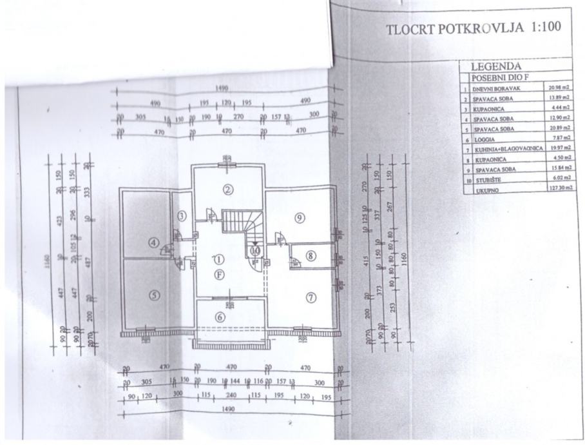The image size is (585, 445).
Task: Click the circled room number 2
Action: (x=227, y=189)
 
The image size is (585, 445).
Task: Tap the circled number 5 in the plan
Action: (x=153, y=295)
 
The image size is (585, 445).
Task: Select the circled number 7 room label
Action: (x=311, y=297)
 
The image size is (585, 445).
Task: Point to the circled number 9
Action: (x=299, y=218)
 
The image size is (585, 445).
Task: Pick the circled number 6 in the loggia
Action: (x=220, y=317)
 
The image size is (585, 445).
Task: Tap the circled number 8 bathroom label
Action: (x=311, y=256)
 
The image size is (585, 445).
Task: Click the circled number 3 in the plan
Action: (x=182, y=215)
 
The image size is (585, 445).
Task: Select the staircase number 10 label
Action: (x=256, y=248)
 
